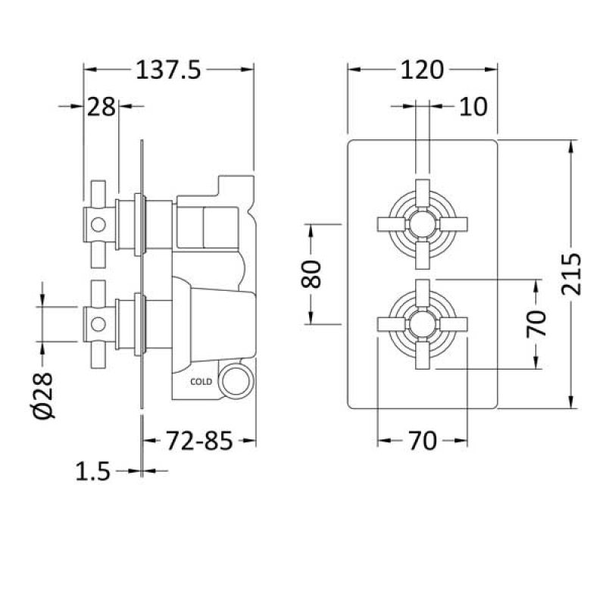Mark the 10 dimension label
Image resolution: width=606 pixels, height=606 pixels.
point(473,107)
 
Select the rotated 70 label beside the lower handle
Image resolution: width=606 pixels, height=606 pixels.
point(536,324)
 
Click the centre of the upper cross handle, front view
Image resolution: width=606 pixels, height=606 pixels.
point(421,223)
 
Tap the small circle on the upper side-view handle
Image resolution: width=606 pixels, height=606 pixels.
point(96,224)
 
